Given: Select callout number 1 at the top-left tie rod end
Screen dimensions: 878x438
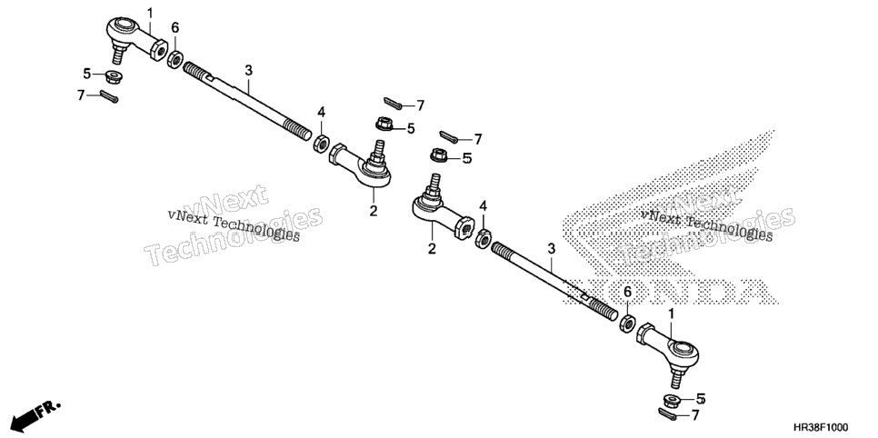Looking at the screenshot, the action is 149,13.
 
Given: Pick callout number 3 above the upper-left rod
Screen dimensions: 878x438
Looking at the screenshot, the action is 249,71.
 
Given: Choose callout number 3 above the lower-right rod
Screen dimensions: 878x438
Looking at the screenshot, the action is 551,248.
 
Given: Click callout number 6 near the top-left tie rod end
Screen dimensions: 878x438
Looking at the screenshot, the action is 175,27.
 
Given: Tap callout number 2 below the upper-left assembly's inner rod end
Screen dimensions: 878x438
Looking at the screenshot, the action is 374,211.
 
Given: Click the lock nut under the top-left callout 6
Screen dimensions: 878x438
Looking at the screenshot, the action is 175,58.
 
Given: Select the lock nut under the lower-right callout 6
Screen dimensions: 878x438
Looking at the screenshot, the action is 628,324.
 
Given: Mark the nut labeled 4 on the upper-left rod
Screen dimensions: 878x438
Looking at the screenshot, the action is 321,144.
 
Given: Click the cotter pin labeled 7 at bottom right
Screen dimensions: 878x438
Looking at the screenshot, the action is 670,413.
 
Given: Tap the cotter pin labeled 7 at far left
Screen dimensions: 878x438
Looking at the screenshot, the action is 109,96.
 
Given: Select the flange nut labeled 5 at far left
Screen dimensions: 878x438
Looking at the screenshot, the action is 115,75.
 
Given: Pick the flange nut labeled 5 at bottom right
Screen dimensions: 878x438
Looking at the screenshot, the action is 672,401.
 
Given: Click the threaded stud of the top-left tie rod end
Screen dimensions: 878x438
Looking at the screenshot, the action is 119,54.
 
